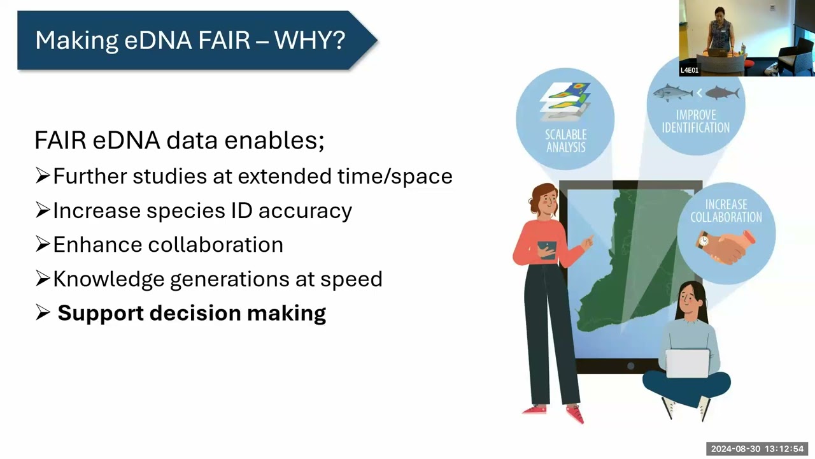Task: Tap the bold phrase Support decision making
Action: pyautogui.click(x=191, y=313)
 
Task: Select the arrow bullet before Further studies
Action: pyautogui.click(x=43, y=176)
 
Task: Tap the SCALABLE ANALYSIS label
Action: pyautogui.click(x=565, y=141)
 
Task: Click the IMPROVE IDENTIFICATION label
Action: pyautogui.click(x=695, y=121)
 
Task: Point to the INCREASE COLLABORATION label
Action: pyautogui.click(x=726, y=211)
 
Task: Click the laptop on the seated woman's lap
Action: pyautogui.click(x=688, y=363)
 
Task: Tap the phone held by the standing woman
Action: pyautogui.click(x=547, y=248)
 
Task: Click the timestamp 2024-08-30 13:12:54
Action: pyautogui.click(x=757, y=449)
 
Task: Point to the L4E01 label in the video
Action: pyautogui.click(x=690, y=70)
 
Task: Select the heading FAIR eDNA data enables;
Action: pyautogui.click(x=179, y=140)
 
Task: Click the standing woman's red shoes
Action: pyautogui.click(x=554, y=412)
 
